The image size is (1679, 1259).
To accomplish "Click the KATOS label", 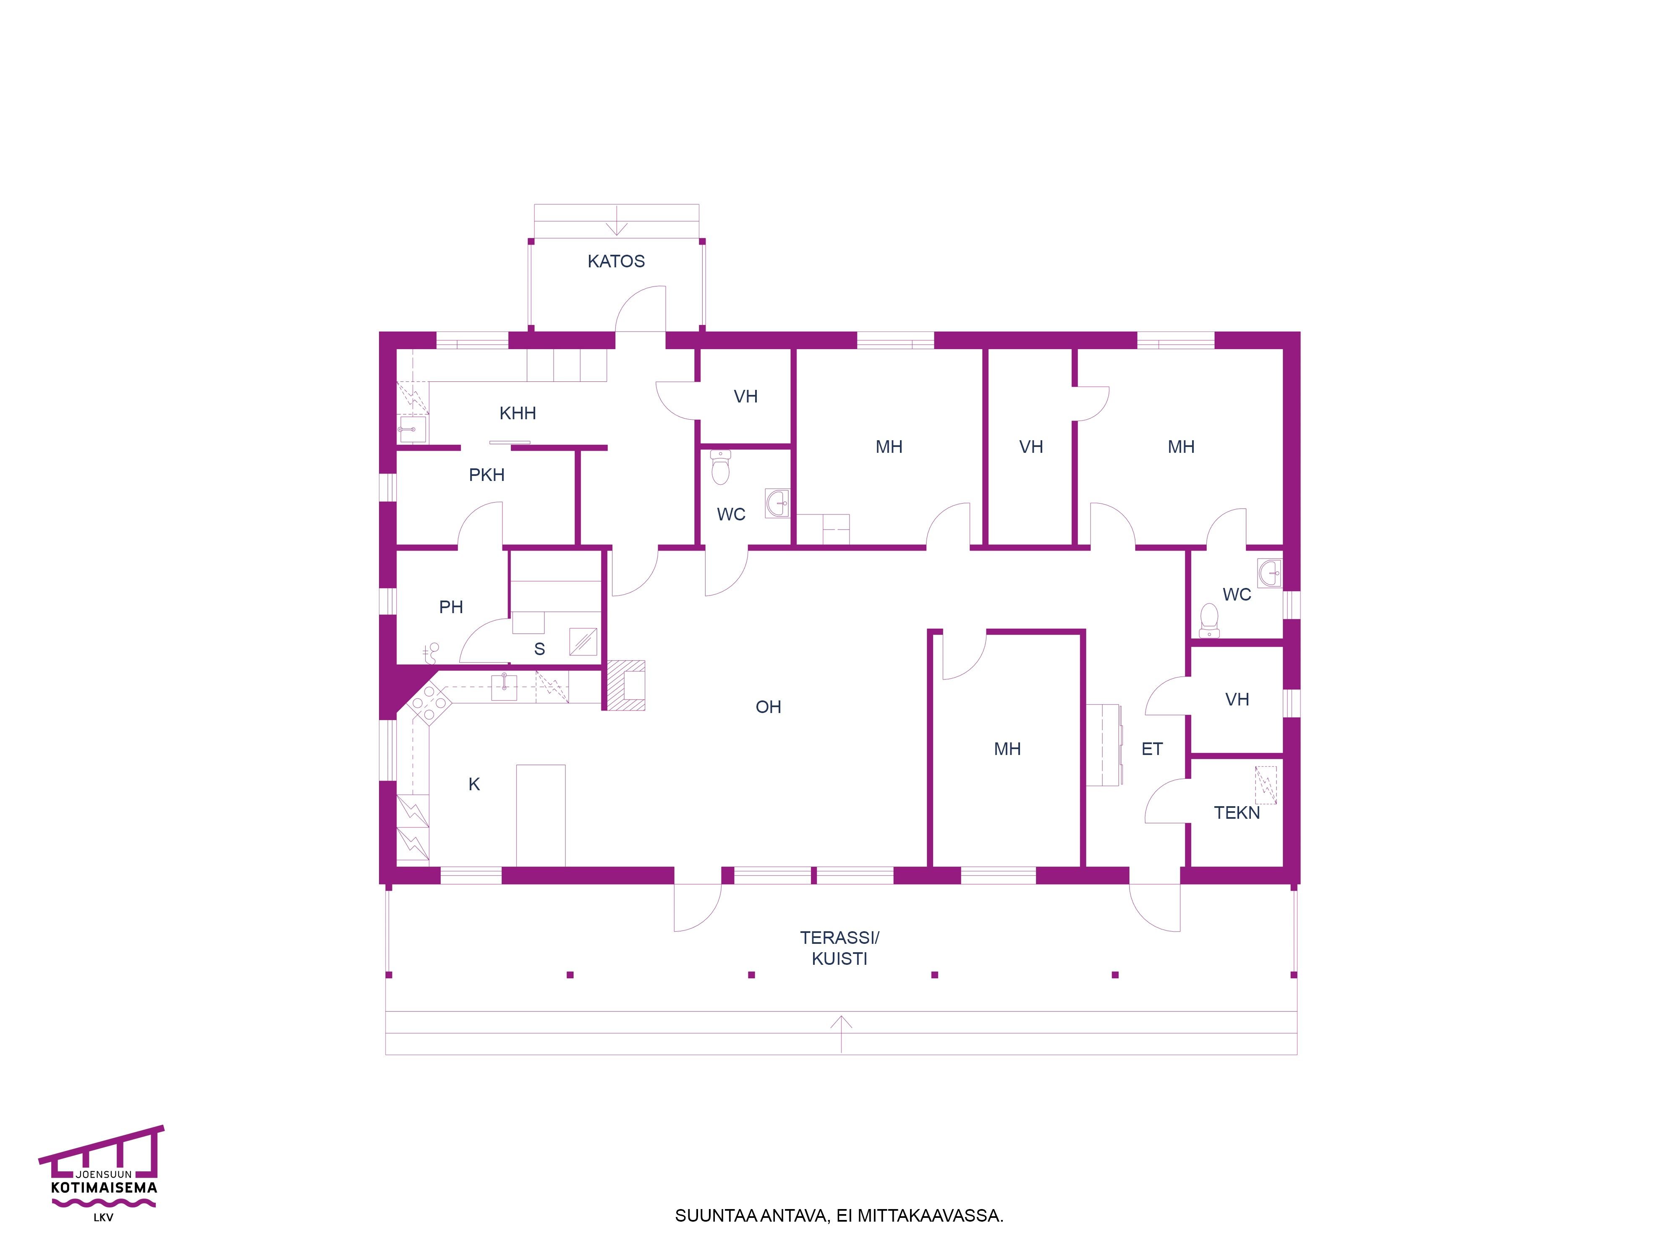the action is point(616,261).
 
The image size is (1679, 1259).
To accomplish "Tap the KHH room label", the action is point(518,414).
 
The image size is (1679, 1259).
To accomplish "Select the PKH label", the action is point(486,475).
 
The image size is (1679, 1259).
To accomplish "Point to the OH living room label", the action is point(768,707).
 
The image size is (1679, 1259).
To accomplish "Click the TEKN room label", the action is point(1237,813).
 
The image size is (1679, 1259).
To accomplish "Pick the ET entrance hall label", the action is point(1151,749).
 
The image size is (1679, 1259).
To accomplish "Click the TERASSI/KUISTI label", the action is point(839,948).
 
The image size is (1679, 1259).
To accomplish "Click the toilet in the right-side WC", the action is point(1209,620).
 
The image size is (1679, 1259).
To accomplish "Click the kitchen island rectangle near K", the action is point(541,815).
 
